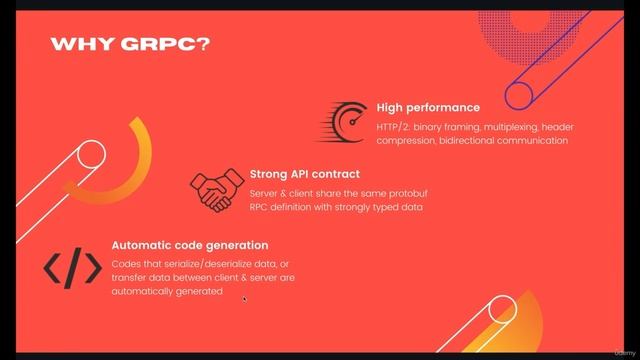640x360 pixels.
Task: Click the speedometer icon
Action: [x=345, y=122]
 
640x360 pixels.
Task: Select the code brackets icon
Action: [x=72, y=267]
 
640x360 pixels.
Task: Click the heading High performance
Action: [x=428, y=107]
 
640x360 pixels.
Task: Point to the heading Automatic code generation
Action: [x=189, y=245]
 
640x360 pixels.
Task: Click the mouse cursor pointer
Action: [x=244, y=297]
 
